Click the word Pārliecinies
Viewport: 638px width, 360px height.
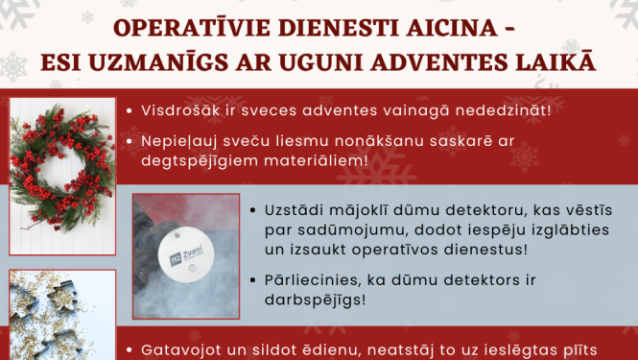[311, 278]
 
